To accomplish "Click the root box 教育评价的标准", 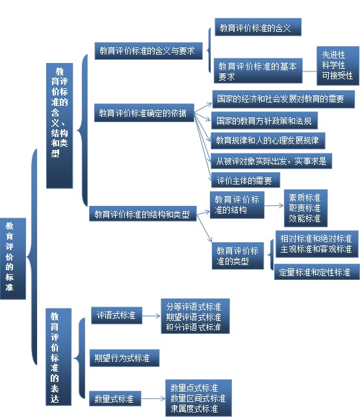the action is point(13,259).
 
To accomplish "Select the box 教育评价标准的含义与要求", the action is point(148,51).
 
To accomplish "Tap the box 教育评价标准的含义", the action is point(258,27).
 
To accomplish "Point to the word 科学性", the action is point(333,65).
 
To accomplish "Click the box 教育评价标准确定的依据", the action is point(144,113).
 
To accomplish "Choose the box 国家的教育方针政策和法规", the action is point(264,120).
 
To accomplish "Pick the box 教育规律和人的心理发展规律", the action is point(268,140).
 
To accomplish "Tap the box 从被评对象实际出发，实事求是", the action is point(271,161).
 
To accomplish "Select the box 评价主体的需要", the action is point(245,180).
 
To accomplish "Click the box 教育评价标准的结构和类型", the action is point(142,214).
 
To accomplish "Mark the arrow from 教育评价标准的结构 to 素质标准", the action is point(274,205).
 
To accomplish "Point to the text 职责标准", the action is point(305,208).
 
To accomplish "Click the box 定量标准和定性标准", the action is point(316,272).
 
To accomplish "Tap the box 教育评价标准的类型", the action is point(238,256).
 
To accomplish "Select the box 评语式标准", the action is point(116,316).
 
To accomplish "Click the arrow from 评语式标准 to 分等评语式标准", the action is point(151,316).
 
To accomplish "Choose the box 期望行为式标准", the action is point(124,358).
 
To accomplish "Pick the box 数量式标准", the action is point(114,398).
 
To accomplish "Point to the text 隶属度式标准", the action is point(194,409).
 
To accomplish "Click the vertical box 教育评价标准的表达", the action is point(58,357).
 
